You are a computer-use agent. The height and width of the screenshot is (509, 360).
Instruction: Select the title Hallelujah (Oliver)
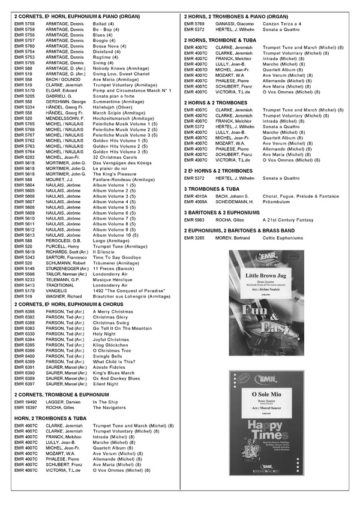tap(112, 107)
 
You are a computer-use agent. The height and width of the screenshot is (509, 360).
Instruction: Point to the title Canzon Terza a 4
tap(283, 23)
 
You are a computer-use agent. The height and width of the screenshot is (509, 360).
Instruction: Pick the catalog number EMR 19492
tap(26, 402)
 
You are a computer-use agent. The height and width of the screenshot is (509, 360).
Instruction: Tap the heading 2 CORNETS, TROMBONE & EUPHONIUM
tap(61, 394)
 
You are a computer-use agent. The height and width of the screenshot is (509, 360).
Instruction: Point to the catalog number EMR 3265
tap(195, 238)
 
